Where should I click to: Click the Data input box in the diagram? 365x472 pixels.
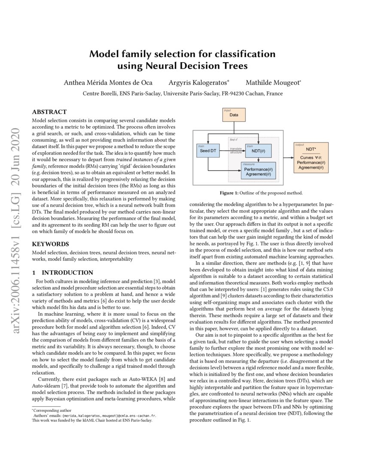[x=234, y=115]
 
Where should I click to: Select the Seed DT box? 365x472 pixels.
[x=208, y=151]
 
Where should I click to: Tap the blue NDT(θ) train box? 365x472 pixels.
[x=259, y=151]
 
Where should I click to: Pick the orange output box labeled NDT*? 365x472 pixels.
[x=311, y=157]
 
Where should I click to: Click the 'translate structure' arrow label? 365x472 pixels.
[x=236, y=150]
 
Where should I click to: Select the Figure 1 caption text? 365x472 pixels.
[x=261, y=193]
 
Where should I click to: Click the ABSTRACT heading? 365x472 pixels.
[x=49, y=112]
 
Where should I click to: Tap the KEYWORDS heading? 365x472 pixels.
[x=50, y=244]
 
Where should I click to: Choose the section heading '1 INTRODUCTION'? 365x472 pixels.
[x=63, y=272]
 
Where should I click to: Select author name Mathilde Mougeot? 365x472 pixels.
[x=273, y=82]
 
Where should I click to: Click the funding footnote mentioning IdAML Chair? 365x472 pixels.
[x=92, y=420]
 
